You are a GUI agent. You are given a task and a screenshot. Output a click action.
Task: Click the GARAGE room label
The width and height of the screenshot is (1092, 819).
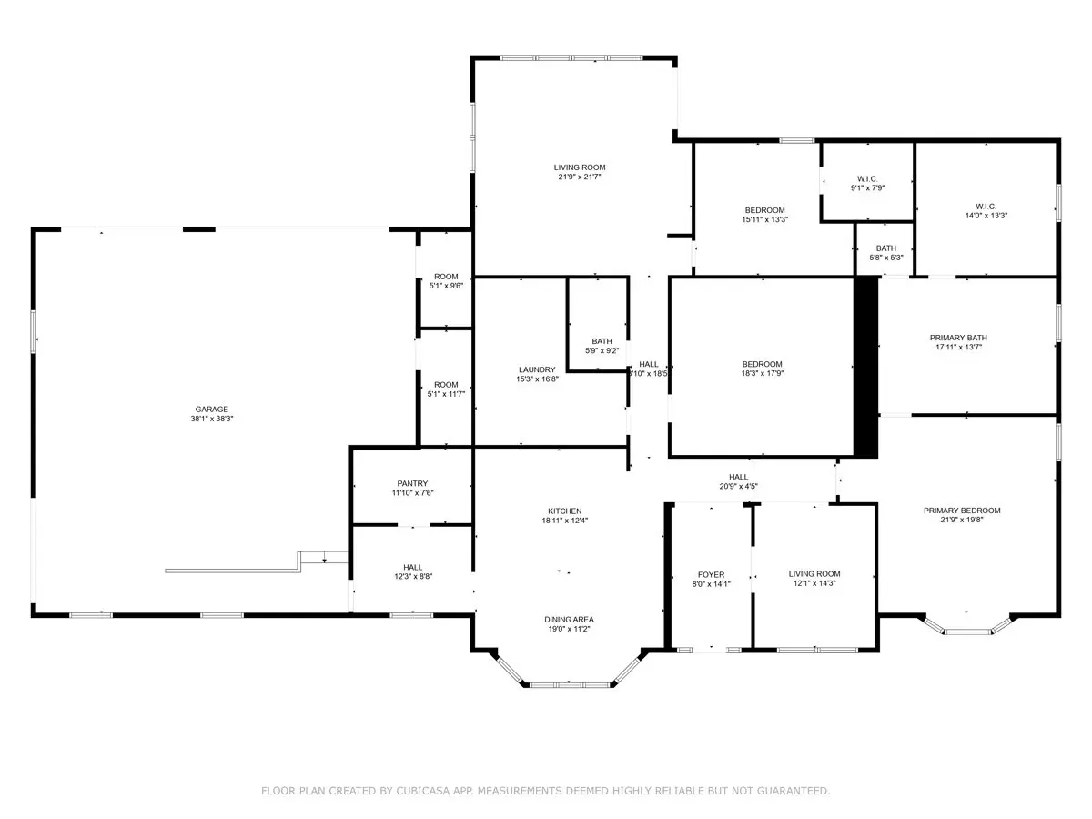click(211, 409)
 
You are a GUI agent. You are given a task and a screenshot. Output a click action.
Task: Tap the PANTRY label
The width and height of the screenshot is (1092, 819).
click(412, 483)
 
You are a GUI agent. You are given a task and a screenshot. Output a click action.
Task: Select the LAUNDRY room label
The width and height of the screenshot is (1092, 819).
click(536, 369)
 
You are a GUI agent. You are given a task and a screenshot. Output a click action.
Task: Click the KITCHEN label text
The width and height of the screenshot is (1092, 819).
click(565, 511)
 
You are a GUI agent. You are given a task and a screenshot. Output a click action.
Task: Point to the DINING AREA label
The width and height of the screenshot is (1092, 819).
click(569, 619)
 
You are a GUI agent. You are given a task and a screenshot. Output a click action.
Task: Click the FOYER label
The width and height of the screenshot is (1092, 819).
click(711, 574)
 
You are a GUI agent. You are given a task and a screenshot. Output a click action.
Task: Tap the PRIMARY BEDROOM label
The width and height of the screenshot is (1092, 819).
click(962, 511)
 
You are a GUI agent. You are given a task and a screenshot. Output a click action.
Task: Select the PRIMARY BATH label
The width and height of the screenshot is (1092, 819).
click(958, 338)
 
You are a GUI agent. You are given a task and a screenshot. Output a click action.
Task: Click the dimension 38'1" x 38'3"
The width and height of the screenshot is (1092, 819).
click(211, 419)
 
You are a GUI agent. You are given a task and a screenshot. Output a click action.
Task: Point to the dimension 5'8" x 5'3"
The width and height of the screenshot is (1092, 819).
click(886, 258)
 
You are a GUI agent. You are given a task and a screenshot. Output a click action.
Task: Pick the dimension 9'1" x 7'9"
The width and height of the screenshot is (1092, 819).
click(867, 188)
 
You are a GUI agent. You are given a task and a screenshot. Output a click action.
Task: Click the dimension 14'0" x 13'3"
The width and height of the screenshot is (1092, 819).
click(986, 216)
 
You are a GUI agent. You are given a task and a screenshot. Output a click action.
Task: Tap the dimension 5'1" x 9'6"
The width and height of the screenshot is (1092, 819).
click(446, 286)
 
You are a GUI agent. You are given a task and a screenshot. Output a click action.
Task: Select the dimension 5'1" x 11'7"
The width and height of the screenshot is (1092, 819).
click(446, 394)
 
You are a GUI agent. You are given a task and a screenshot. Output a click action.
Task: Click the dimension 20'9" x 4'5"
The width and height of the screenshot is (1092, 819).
click(738, 486)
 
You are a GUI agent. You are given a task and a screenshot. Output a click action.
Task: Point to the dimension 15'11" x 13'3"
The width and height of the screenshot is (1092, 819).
click(764, 219)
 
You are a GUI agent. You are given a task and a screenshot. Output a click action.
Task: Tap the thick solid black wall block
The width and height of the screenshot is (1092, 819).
click(865, 367)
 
